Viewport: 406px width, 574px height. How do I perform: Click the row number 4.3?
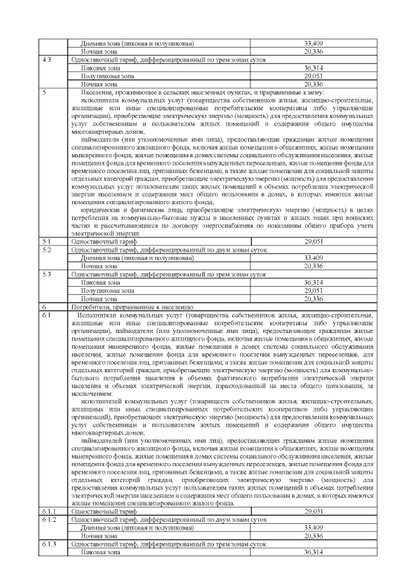[46, 59]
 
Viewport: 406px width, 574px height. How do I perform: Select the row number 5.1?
[46, 242]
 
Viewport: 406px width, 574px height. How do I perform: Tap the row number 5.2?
[46, 250]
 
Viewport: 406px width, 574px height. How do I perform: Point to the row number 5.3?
[46, 274]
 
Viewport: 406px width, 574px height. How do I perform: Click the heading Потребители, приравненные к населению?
[119, 306]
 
